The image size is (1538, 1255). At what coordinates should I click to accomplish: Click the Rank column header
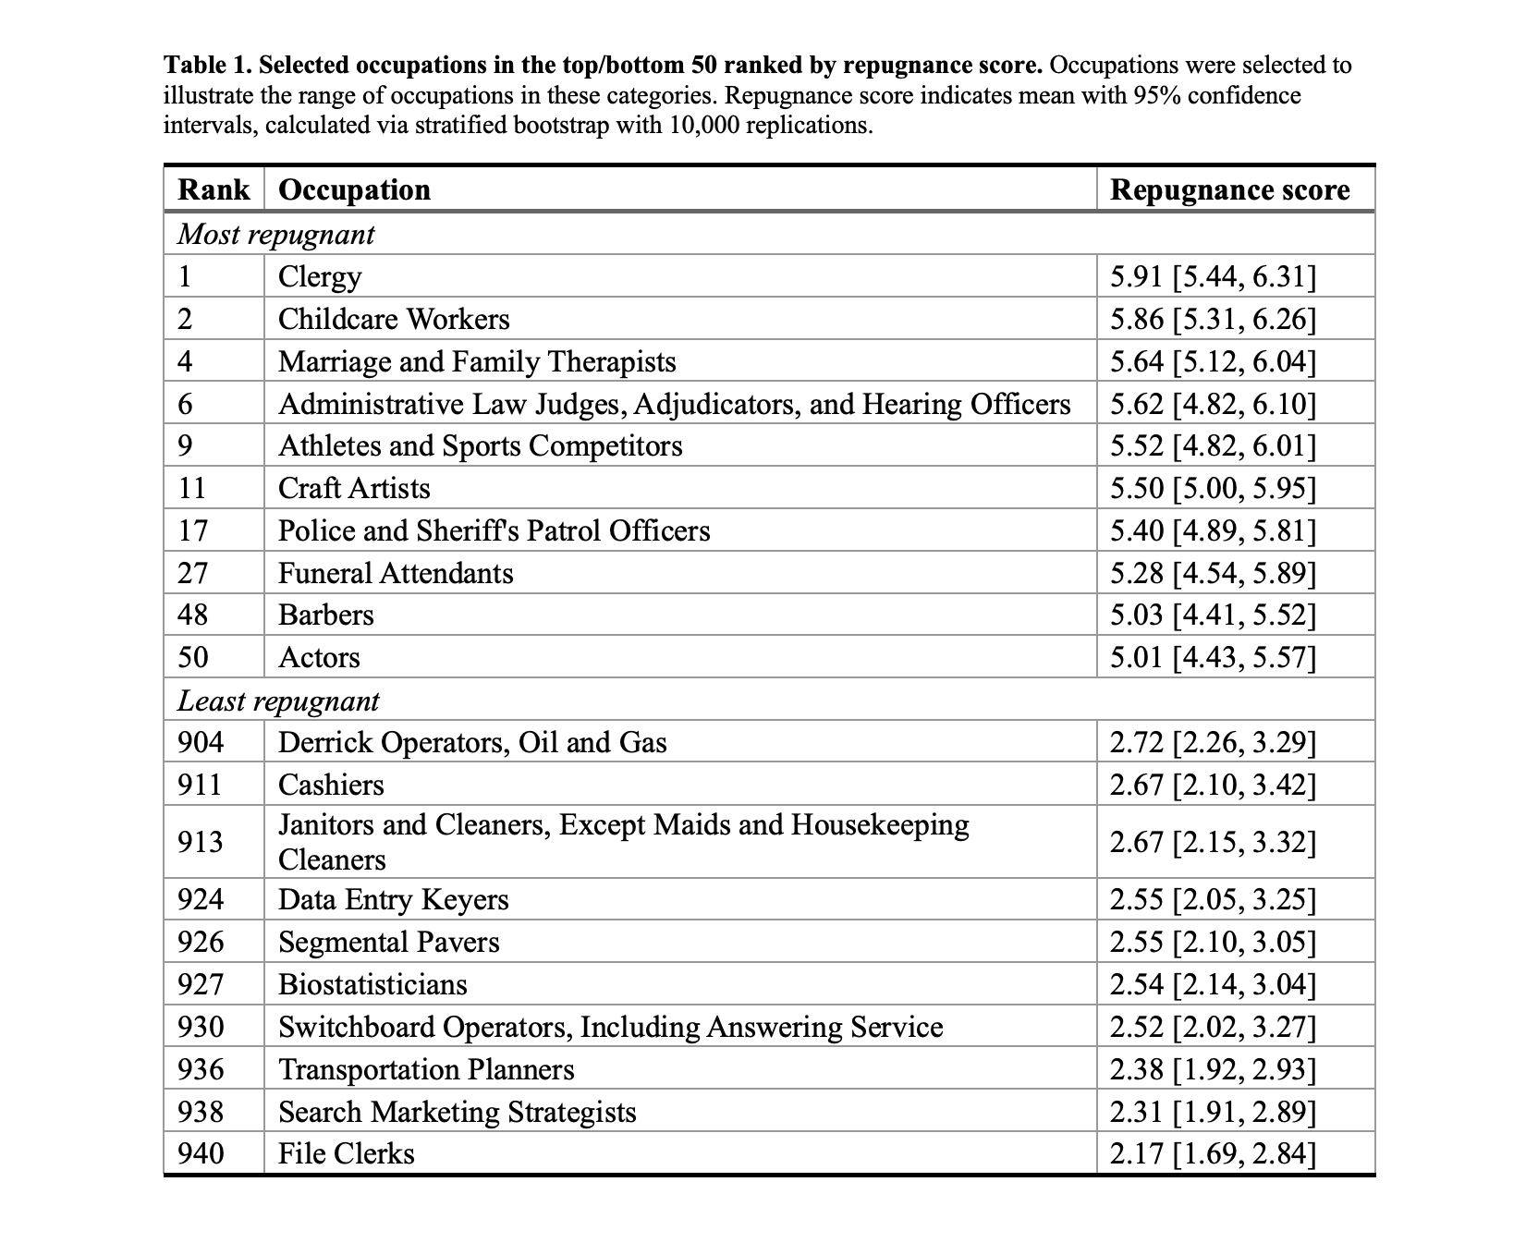point(214,189)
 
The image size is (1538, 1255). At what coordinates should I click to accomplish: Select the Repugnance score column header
point(1229,189)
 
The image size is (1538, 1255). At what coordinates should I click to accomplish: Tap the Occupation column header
point(354,189)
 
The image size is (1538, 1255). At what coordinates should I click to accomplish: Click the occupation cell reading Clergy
point(320,276)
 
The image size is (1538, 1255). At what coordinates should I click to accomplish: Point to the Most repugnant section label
point(275,234)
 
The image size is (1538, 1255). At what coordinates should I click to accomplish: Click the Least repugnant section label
point(277,701)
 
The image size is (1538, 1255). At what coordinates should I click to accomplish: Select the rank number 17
point(192,530)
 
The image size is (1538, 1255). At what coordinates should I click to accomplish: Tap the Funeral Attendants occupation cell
point(396,573)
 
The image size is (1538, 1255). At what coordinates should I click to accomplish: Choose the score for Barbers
point(1213,615)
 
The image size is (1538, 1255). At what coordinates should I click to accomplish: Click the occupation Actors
point(319,657)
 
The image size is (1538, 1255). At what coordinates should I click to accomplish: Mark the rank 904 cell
point(200,742)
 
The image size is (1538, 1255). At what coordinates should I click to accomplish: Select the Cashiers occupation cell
point(331,785)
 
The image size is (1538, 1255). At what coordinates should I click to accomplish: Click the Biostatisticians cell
point(372,984)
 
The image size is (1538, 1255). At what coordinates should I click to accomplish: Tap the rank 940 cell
point(200,1153)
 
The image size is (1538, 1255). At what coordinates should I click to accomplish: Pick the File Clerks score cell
point(1213,1153)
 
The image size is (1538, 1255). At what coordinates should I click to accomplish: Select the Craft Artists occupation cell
point(354,488)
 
